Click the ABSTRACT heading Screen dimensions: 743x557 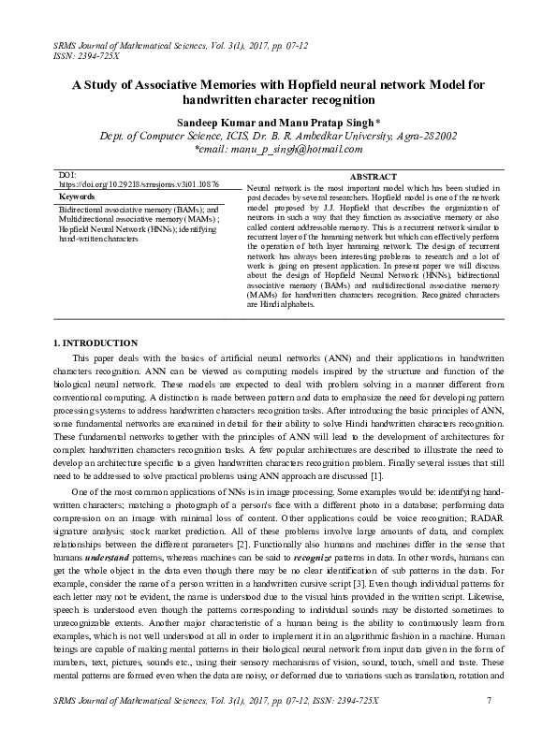[372, 177]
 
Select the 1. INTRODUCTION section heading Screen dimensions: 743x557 [95, 342]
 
